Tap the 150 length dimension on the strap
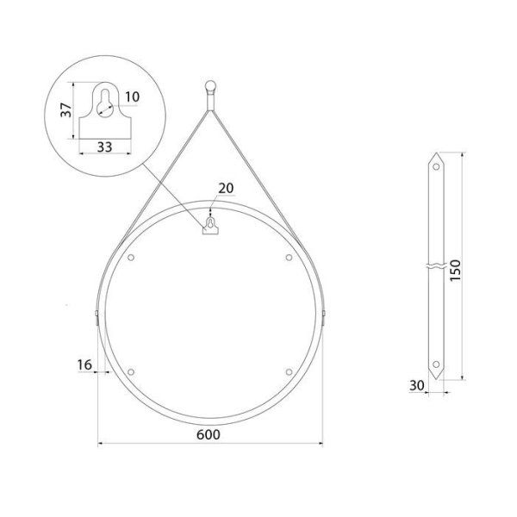457,269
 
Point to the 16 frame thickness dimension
84,365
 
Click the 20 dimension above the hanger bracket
226,189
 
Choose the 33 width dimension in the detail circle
104,147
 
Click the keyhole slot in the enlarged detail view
105,103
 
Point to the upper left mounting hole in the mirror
132,258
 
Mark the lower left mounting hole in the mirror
132,371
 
